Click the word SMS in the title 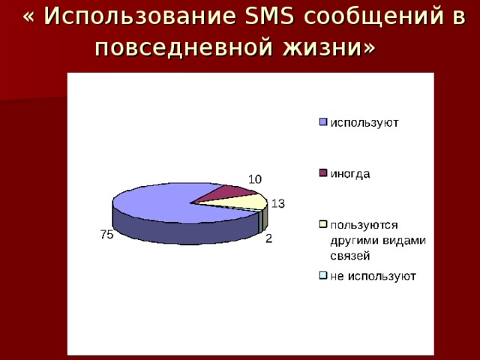click(269, 15)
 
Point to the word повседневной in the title click(183, 48)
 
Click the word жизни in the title click(322, 47)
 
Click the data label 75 click(106, 235)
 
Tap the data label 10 click(255, 179)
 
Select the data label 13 click(278, 203)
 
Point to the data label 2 click(268, 238)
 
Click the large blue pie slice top click(172, 203)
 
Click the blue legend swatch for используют click(323, 121)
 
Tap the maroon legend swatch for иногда click(323, 173)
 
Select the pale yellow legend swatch click(323, 224)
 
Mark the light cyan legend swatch click(323, 275)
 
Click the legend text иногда click(350, 174)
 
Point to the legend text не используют click(373, 277)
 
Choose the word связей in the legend click(350, 256)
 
